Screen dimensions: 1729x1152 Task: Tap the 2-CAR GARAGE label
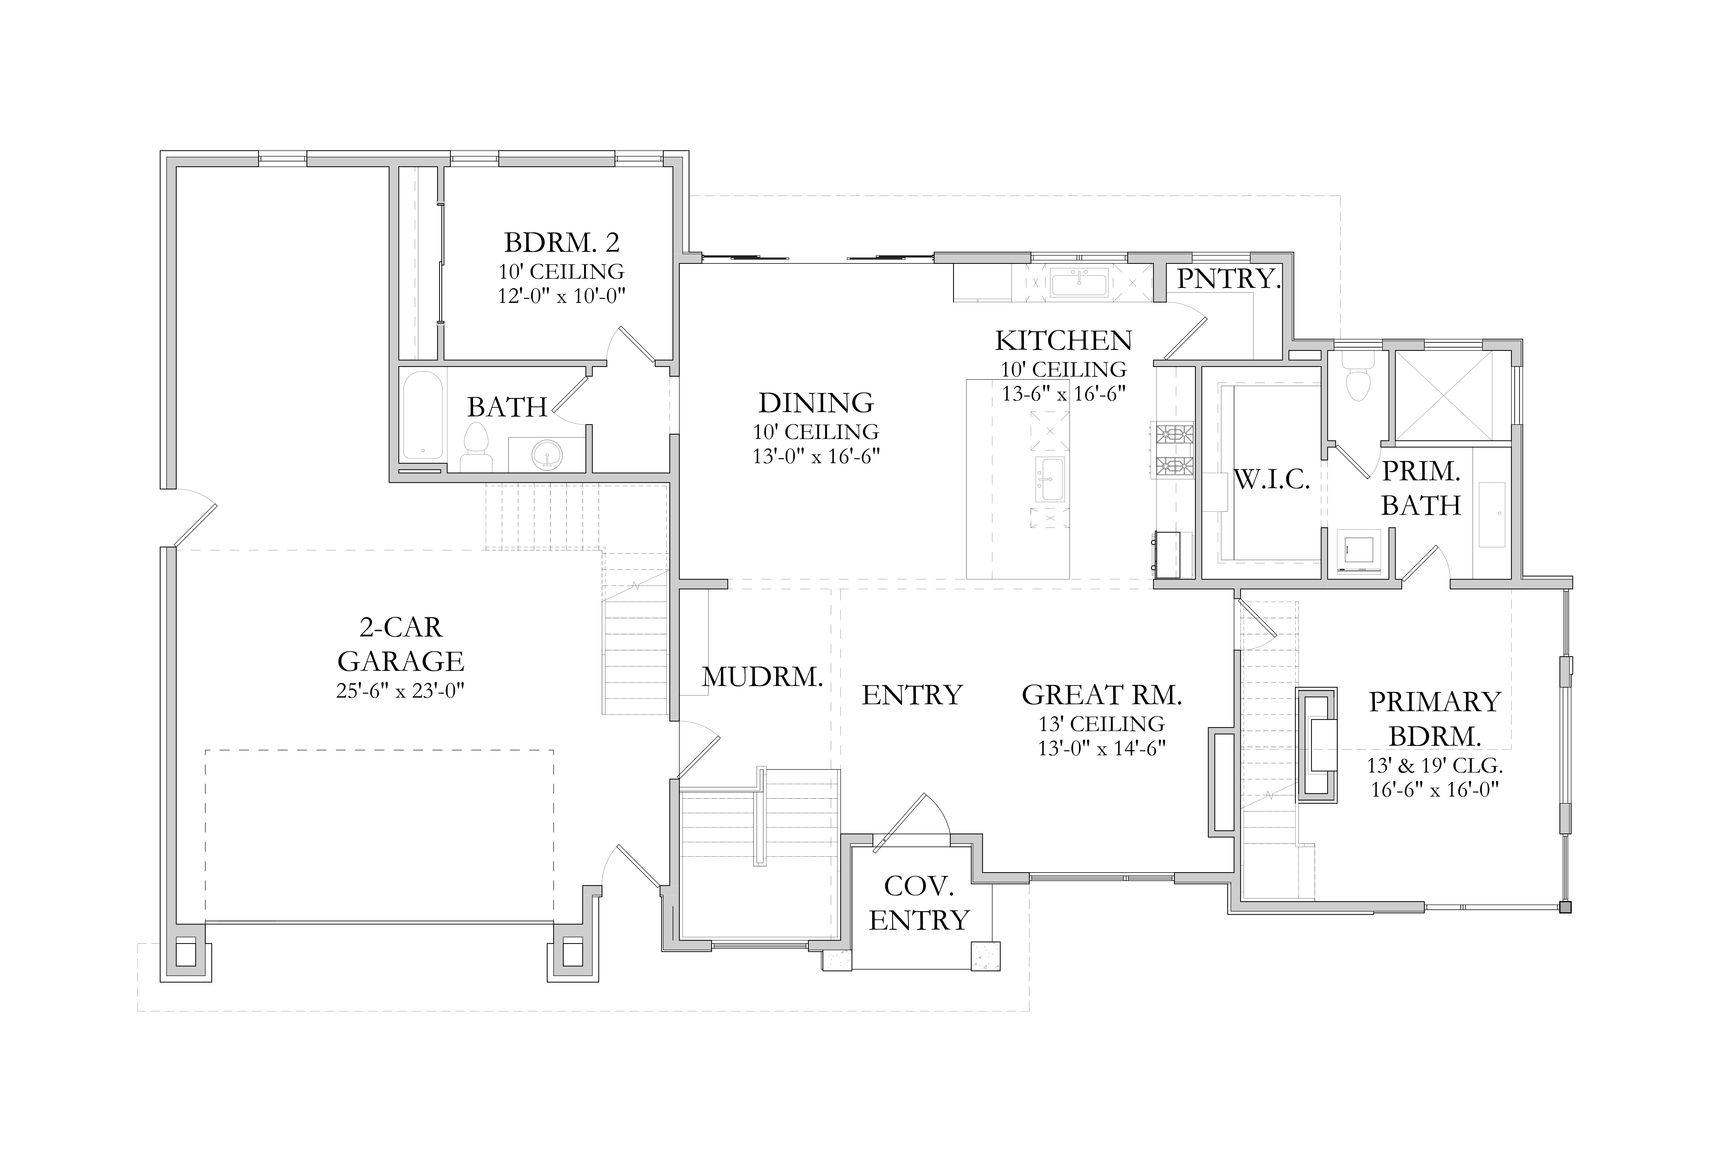tap(401, 644)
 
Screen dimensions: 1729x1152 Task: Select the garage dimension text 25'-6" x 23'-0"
tap(401, 691)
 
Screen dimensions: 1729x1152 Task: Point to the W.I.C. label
tap(1272, 480)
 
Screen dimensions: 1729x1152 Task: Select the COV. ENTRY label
tap(919, 903)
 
